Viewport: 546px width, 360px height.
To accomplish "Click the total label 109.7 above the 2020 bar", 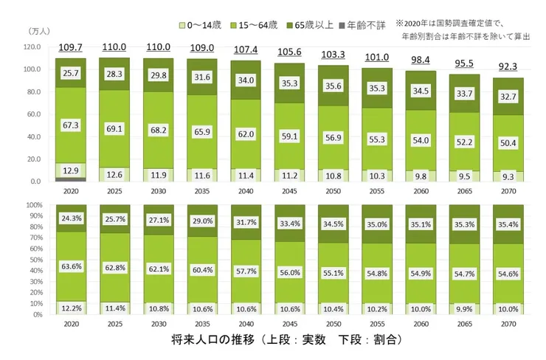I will click(71, 47).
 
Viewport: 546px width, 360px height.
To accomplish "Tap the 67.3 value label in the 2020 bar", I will click(71, 125).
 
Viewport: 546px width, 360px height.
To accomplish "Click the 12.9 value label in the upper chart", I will click(71, 170).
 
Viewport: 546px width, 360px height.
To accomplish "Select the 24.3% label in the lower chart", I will click(71, 219).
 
